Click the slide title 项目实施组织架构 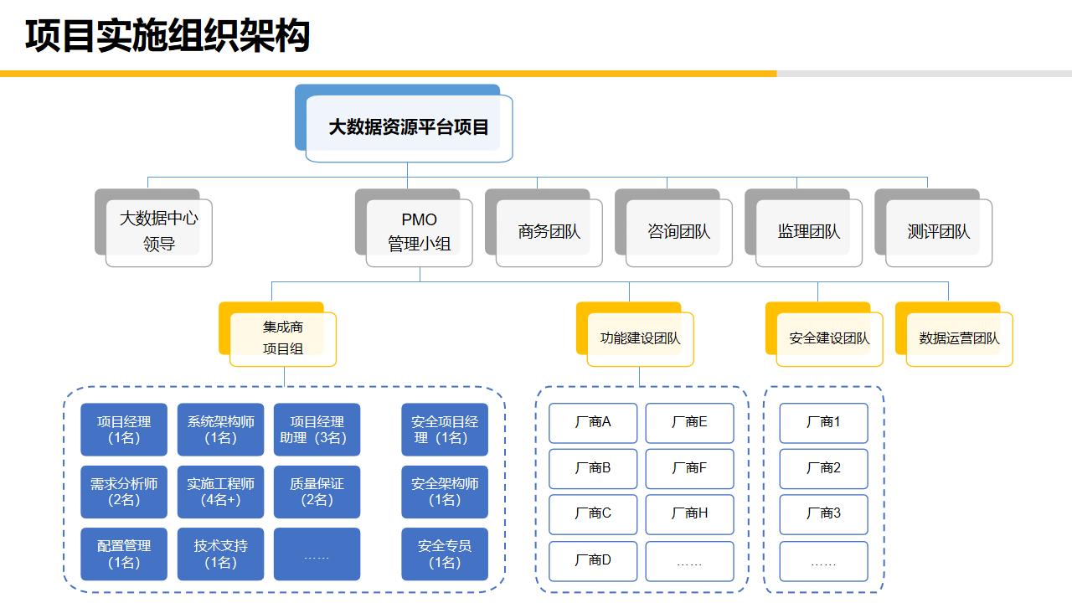[167, 36]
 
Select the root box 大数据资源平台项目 [408, 127]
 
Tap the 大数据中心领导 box [158, 231]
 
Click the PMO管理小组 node [419, 231]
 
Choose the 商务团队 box [549, 232]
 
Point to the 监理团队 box [808, 232]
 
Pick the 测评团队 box [938, 232]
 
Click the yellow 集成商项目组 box [282, 338]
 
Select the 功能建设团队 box [640, 338]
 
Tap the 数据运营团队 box [959, 338]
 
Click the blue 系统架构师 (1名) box [220, 430]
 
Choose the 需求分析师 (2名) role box [124, 492]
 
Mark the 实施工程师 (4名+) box [220, 492]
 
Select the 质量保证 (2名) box [317, 492]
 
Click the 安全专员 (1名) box [445, 554]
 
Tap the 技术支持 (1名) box [220, 554]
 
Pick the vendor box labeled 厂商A [593, 423]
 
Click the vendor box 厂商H [689, 513]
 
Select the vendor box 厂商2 [823, 468]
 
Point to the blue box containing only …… [317, 554]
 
